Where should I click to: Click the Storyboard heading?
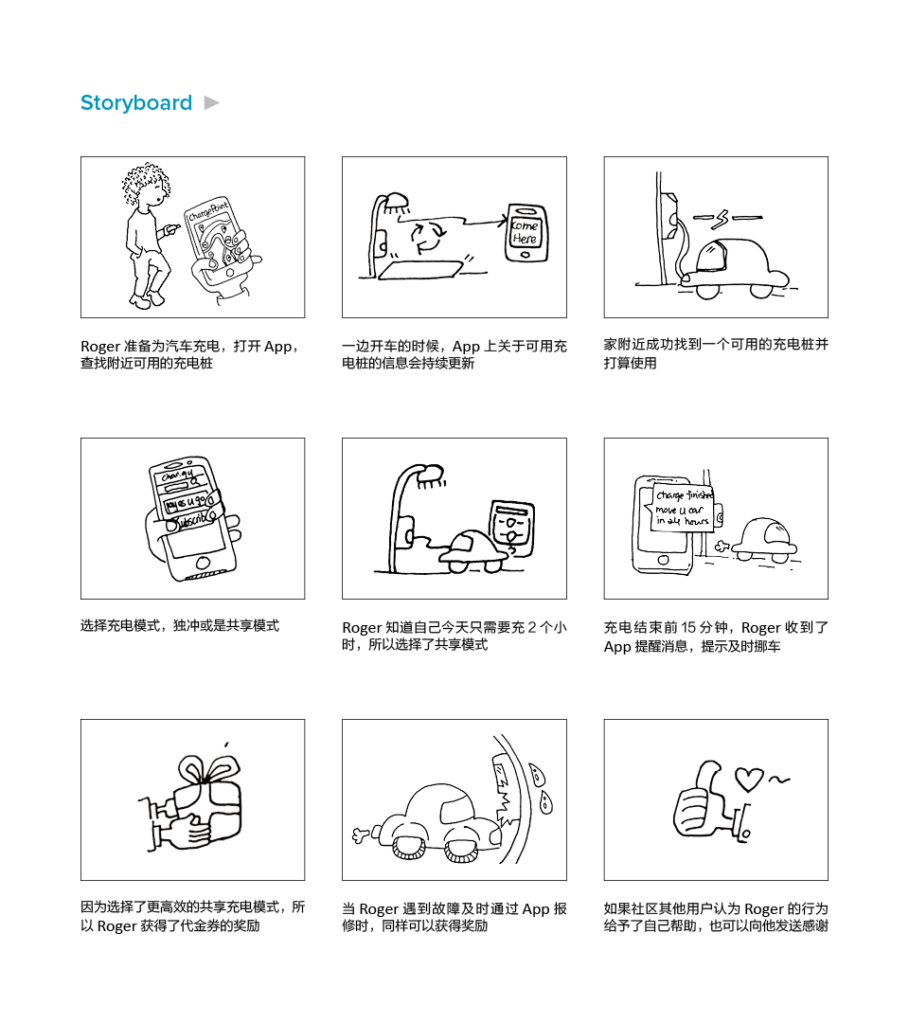136,103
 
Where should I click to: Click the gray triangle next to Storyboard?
212,102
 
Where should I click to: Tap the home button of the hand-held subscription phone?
202,562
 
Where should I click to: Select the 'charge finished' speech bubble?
683,509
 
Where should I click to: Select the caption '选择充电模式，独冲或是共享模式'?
180,626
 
